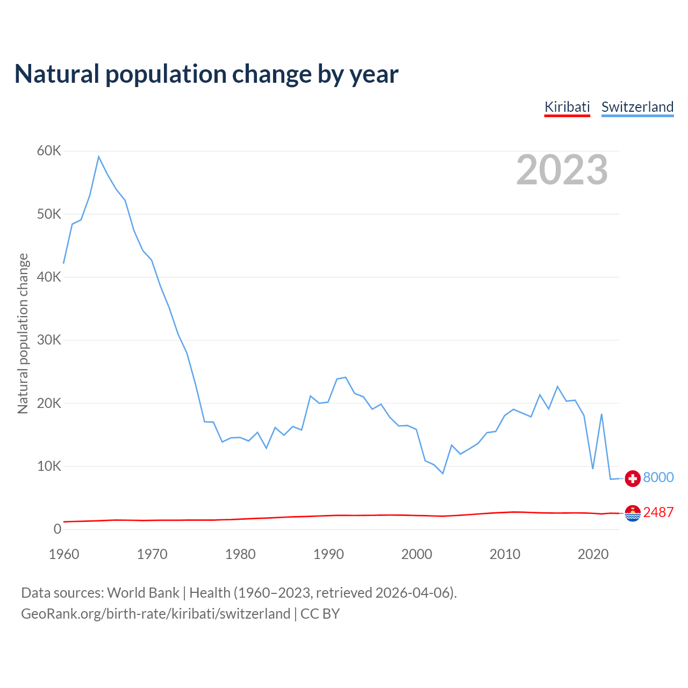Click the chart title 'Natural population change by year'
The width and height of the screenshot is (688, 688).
coord(206,74)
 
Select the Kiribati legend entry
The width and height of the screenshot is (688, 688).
coord(567,107)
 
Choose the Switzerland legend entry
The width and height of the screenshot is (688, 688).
coord(637,107)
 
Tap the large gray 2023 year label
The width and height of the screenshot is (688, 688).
coord(562,170)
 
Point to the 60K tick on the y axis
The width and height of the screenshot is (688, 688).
coord(49,150)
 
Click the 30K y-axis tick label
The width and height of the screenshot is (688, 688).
coord(49,340)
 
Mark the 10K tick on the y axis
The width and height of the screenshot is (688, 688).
coord(49,466)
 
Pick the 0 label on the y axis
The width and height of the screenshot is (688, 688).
coord(58,529)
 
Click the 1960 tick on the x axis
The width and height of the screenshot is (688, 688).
coord(64,554)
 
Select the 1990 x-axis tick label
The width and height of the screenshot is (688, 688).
coord(328,554)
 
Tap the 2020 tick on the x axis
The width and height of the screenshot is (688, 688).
coord(593,554)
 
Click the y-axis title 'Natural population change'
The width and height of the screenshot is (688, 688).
coord(23,333)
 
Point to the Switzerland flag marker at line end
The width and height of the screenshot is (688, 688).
coord(633,478)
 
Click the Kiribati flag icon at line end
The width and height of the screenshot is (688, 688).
coord(633,513)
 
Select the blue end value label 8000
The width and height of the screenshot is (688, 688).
coord(658,477)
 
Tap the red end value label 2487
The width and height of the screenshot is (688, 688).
coord(658,512)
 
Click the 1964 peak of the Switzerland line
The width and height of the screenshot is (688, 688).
coord(99,156)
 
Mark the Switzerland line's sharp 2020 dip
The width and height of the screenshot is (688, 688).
coord(593,469)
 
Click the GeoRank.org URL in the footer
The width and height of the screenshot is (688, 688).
coord(155,614)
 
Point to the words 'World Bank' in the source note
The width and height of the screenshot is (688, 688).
coord(143,593)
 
